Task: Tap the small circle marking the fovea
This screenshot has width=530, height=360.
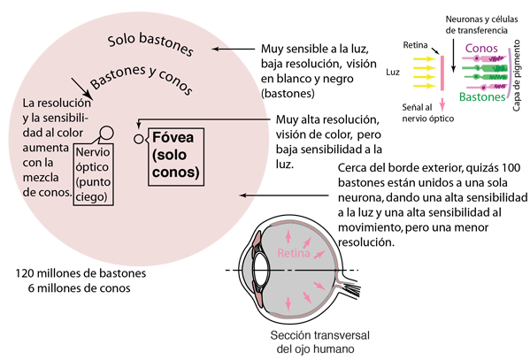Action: coord(139,139)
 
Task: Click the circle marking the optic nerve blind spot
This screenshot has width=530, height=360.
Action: coord(107,133)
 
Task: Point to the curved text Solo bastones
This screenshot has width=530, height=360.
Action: coord(150,44)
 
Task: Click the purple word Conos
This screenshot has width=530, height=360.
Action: coord(481,49)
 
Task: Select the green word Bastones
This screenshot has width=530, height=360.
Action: coord(482,97)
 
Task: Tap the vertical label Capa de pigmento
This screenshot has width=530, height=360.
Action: coord(516,75)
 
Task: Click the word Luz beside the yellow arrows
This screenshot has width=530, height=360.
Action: coord(393,72)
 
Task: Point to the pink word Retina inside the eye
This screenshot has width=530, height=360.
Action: coord(294,253)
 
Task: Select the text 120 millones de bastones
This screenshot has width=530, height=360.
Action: coord(81,273)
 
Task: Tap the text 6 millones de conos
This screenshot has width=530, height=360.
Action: coord(79,288)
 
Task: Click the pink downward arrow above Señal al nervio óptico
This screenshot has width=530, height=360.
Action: coord(442,105)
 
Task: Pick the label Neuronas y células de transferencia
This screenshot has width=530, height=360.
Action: coord(481,25)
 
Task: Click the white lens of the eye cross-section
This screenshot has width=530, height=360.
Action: coord(260,270)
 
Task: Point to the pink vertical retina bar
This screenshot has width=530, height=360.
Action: coord(442,73)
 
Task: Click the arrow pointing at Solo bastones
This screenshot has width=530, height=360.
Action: coord(234,49)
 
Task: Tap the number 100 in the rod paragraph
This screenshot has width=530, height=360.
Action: coord(511,168)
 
